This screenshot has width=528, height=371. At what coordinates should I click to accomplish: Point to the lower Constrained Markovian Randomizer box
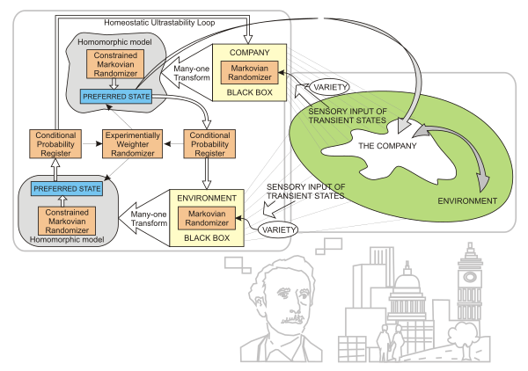62,220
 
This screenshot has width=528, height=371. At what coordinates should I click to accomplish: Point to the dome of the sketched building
407,286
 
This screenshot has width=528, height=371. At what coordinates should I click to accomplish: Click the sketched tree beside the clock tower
462,334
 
